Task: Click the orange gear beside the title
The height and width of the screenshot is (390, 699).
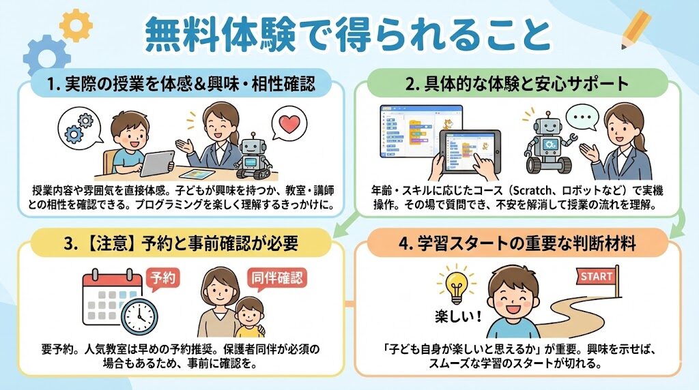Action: [x=76, y=25]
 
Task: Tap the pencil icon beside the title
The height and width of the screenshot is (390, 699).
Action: [x=636, y=29]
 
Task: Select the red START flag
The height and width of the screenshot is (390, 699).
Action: [x=596, y=276]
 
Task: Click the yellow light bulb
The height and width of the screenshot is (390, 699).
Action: [x=457, y=285]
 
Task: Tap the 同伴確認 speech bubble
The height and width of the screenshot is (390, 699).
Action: [x=277, y=279]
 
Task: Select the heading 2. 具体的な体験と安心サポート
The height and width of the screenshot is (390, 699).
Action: [x=517, y=83]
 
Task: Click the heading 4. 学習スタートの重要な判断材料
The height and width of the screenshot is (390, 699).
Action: [x=517, y=243]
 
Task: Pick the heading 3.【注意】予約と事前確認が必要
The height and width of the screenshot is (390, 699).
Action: [x=180, y=243]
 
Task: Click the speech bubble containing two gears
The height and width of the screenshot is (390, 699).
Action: [x=79, y=127]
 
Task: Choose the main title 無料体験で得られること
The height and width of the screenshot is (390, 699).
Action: [x=347, y=35]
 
